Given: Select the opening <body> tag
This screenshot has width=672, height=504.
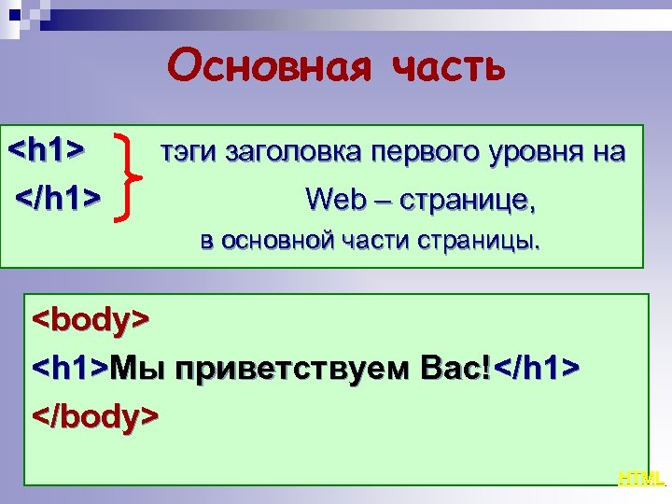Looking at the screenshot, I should tap(91, 320).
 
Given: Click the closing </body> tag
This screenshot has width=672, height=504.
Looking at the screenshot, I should tap(96, 413).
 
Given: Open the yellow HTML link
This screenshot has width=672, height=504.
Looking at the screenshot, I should tap(641, 479).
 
